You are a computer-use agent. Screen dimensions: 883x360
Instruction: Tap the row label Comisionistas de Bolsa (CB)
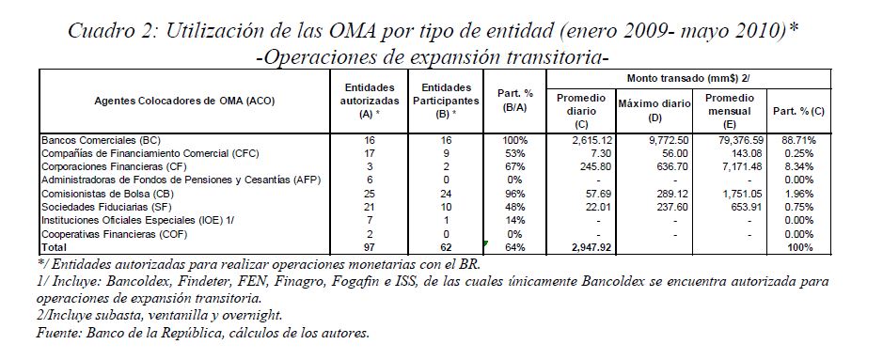[x=96, y=194]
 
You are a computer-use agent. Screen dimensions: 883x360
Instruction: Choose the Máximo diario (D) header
[x=654, y=111]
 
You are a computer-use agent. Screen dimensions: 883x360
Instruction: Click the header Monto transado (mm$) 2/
[x=688, y=79]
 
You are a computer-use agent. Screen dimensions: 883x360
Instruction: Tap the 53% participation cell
[x=515, y=153]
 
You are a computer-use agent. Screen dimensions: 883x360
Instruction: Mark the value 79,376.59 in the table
[x=729, y=140]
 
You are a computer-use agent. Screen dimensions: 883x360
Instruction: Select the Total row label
[x=54, y=247]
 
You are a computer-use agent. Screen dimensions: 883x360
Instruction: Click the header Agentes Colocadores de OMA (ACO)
[x=185, y=101]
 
